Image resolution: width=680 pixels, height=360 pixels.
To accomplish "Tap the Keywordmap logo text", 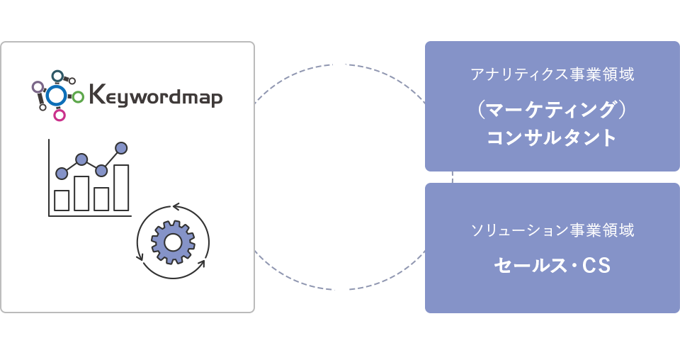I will pos(156,96).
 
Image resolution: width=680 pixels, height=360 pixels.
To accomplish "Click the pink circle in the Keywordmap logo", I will pos(59,113).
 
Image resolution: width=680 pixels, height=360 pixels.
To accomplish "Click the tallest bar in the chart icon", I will pos(121,187).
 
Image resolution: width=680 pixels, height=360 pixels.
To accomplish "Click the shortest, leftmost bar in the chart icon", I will pos(62,200).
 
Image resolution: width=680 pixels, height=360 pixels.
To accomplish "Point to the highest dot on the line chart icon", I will pos(121,148).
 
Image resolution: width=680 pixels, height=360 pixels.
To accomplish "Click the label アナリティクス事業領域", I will pos(552,74).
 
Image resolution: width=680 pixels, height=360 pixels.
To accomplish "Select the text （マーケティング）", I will pos(552,110).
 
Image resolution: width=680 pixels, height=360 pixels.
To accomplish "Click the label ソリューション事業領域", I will pos(552,230).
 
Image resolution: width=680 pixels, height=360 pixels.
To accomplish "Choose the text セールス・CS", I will pos(552,266).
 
